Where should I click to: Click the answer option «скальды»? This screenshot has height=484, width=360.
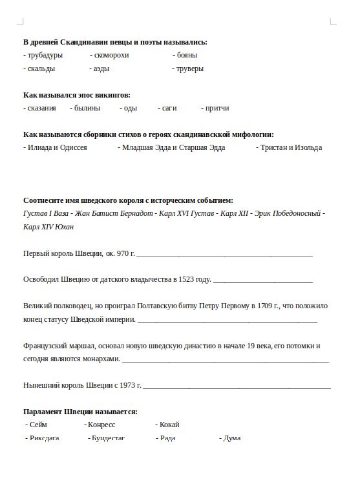pyautogui.click(x=41, y=68)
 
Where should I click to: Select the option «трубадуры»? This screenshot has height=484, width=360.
pyautogui.click(x=45, y=55)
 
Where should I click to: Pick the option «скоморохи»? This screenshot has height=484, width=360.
pyautogui.click(x=111, y=55)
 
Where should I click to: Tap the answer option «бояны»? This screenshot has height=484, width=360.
pyautogui.click(x=187, y=55)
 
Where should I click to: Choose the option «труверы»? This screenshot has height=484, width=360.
pyautogui.click(x=190, y=68)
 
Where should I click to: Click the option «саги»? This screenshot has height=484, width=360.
pyautogui.click(x=169, y=108)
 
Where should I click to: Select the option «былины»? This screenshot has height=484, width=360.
pyautogui.click(x=87, y=108)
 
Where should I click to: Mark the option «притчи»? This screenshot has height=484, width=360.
pyautogui.click(x=217, y=108)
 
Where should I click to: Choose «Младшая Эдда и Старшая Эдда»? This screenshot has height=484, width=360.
pyautogui.click(x=173, y=147)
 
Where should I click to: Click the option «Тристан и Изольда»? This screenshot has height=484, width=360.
pyautogui.click(x=291, y=147)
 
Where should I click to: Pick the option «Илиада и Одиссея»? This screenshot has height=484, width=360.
pyautogui.click(x=57, y=147)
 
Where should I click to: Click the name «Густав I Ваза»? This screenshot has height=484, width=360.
pyautogui.click(x=45, y=213)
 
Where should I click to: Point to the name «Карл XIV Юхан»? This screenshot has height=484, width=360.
pyautogui.click(x=48, y=227)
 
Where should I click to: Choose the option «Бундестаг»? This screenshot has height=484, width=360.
pyautogui.click(x=108, y=438)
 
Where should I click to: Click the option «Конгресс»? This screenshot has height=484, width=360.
pyautogui.click(x=101, y=425)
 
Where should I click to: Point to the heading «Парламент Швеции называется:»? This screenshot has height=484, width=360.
pyautogui.click(x=80, y=412)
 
